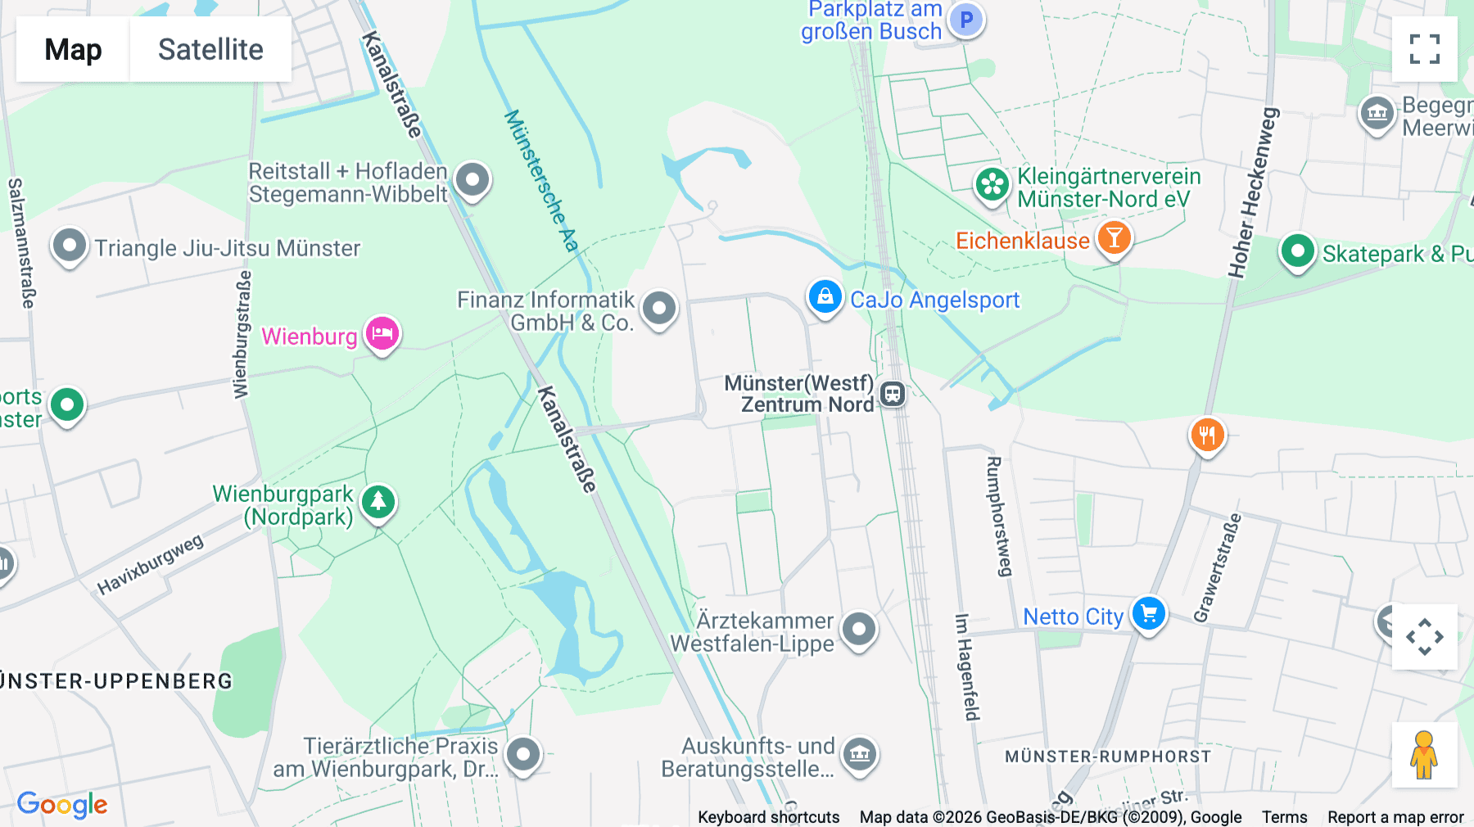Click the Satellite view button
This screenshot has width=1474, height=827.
(x=210, y=49)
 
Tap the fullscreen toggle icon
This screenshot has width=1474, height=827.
(x=1424, y=49)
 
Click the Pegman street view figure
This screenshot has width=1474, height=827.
(x=1424, y=755)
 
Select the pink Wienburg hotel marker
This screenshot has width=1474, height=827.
(x=382, y=334)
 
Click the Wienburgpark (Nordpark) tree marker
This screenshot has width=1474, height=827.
(x=378, y=501)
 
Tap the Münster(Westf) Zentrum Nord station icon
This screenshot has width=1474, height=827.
(x=892, y=394)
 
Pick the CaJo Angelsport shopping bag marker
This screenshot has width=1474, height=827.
(x=825, y=297)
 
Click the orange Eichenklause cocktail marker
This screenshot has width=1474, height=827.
(x=1114, y=238)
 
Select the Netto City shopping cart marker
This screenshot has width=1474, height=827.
(x=1148, y=613)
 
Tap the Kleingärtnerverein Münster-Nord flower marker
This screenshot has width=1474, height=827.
(x=992, y=185)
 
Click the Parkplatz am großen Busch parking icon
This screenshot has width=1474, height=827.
(x=966, y=20)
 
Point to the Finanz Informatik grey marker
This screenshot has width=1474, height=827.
(x=659, y=309)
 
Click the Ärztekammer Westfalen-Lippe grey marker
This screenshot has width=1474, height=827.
(x=858, y=630)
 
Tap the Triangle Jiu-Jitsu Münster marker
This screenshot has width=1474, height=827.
(x=70, y=246)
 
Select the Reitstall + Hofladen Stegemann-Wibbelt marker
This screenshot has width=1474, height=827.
(x=472, y=180)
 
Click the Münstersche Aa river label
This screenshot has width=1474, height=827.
(x=541, y=180)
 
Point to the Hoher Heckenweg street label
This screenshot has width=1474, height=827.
(x=1254, y=192)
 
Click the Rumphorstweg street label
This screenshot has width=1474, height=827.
(x=999, y=516)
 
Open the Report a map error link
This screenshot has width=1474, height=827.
(x=1395, y=817)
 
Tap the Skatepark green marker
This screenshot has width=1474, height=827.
(x=1297, y=251)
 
